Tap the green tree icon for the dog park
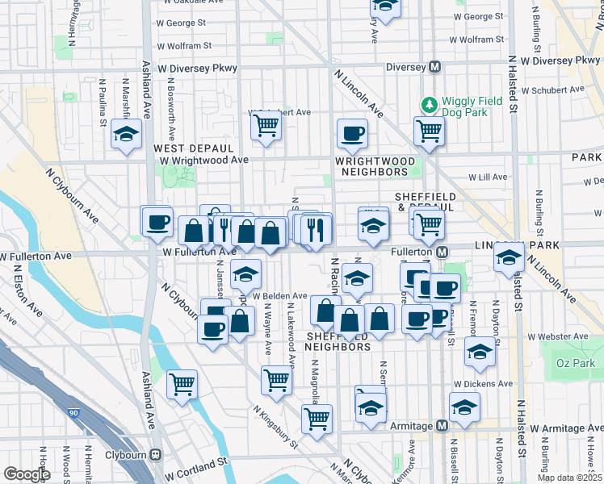(x=428, y=103)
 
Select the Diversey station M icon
(x=434, y=67)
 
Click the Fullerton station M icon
(x=443, y=252)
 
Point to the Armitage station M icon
(x=441, y=426)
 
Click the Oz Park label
(x=574, y=364)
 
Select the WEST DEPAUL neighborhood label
(x=194, y=149)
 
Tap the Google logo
(x=27, y=474)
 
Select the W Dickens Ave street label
(x=483, y=384)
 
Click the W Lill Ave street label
(x=488, y=177)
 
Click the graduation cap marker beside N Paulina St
(x=127, y=134)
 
